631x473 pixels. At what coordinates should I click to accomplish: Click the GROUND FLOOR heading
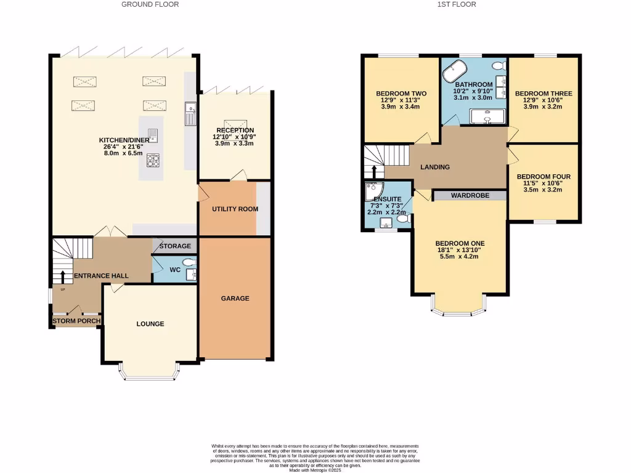coord(150,4)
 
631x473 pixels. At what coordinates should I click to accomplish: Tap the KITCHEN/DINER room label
coord(124,140)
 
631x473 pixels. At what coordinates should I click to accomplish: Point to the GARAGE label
coord(235,298)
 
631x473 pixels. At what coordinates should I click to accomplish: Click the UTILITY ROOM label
coord(235,209)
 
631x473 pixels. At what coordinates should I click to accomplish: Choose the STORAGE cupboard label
coord(175,246)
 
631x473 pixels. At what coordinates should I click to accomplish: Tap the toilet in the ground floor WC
coord(189,262)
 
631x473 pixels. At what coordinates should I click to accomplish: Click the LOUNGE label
coord(150,324)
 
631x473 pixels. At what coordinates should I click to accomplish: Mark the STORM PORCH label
coord(76,321)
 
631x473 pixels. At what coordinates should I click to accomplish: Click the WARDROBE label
coord(470,195)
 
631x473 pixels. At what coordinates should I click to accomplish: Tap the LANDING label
coord(435,167)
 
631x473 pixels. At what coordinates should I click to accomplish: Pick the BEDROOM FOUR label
coord(543,177)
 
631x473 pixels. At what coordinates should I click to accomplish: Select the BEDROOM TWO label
coord(401,94)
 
